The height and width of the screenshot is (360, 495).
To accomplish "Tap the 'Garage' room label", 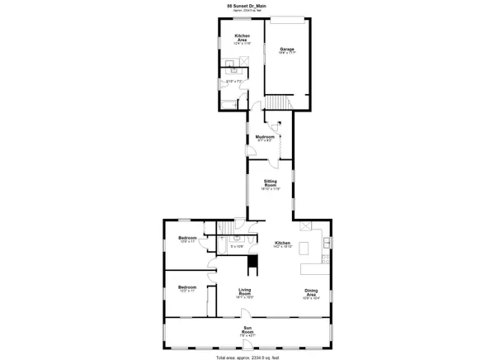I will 287,49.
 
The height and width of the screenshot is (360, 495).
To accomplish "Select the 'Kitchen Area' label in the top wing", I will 243,38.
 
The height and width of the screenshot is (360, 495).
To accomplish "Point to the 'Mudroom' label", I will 265,136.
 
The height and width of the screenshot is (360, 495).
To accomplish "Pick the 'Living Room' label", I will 245,291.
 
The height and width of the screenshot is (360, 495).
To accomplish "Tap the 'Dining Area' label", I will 310,291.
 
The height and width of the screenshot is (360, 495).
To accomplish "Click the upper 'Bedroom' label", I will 187,238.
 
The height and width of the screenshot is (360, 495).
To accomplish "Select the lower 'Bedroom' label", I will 187,287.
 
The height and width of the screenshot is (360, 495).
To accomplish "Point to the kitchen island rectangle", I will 305,249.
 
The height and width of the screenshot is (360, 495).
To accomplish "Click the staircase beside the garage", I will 277,102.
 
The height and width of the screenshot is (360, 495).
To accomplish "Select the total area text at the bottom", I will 247,356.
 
